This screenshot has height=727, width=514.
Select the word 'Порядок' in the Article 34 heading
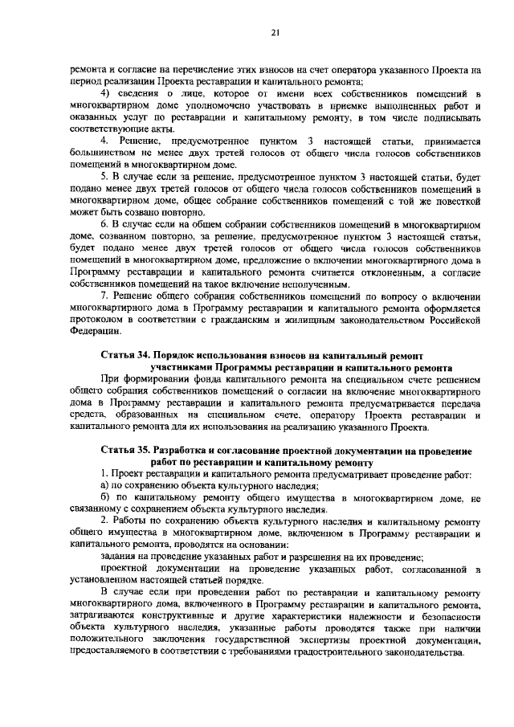point(182,354)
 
